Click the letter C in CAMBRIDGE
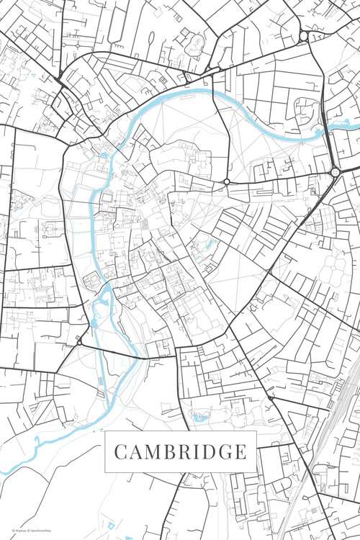tap(121, 452)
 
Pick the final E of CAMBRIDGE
tap(240, 452)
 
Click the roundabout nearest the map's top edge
tap(304, 35)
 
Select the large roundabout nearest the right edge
tap(335, 172)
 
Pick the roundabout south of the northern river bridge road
tap(227, 181)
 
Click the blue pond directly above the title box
tap(198, 416)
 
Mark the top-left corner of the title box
tap(106, 431)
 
